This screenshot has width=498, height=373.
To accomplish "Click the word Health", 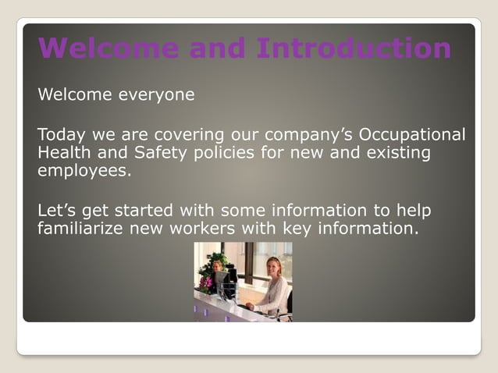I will tap(62, 153).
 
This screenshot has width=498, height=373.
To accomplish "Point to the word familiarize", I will tap(84, 229).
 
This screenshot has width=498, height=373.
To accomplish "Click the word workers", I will tap(219, 229).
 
